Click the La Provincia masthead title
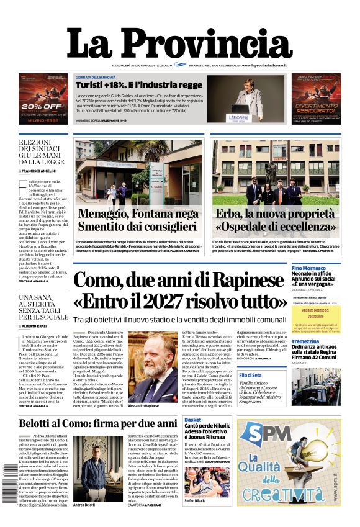[179, 44]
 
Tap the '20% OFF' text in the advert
[42, 106]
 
